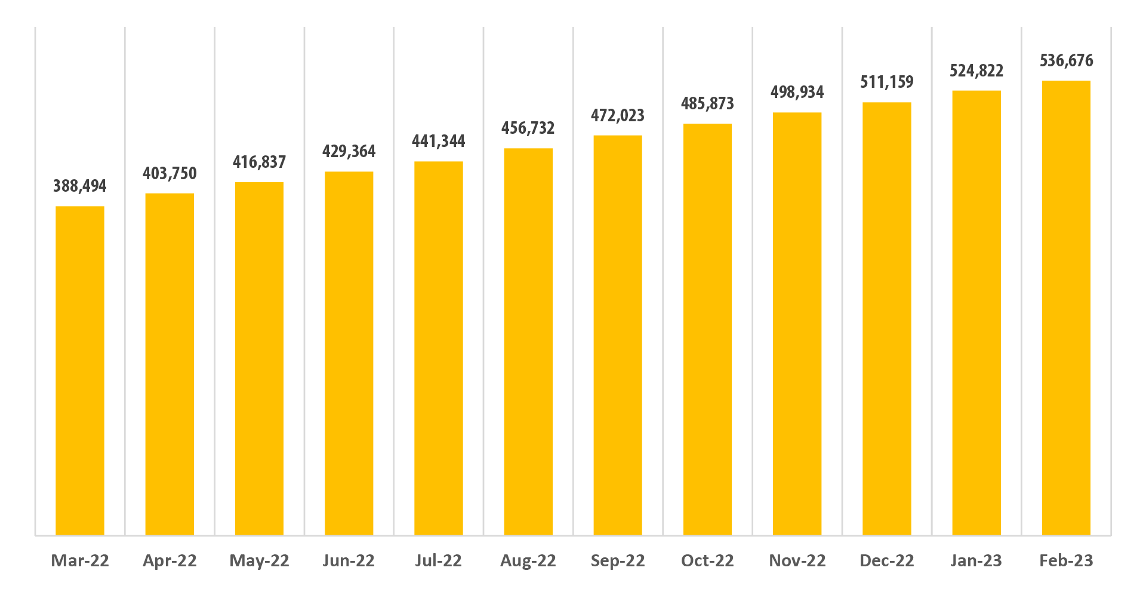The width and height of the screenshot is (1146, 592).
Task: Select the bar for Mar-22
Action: tap(80, 370)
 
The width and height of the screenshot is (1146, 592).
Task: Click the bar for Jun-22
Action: tap(349, 353)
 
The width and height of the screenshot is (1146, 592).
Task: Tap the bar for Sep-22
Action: tap(618, 335)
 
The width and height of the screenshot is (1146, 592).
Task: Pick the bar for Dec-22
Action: tap(887, 318)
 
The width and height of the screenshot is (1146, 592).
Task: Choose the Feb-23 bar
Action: tap(1066, 308)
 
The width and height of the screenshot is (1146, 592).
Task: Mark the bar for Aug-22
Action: tap(528, 342)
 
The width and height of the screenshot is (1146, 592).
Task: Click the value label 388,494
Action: tap(80, 186)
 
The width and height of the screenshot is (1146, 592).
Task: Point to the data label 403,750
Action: tap(170, 174)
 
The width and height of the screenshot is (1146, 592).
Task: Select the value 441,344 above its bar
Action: tap(439, 142)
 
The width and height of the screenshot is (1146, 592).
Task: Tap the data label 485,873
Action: tap(707, 104)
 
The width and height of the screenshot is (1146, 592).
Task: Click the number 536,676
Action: tap(1067, 61)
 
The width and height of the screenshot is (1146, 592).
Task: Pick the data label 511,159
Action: tap(887, 82)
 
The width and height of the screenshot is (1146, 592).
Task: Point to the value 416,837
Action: tap(260, 162)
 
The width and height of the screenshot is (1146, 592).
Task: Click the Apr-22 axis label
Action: tap(170, 561)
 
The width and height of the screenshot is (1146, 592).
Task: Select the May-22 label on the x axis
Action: tap(260, 561)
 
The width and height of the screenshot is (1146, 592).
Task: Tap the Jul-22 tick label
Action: tap(439, 561)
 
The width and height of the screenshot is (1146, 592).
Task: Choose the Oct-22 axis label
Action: tap(707, 561)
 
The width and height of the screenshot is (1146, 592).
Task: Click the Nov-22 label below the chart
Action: tap(797, 561)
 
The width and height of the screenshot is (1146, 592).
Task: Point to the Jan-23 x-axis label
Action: tap(976, 561)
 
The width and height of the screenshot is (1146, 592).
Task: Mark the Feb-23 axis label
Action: tap(1067, 561)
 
